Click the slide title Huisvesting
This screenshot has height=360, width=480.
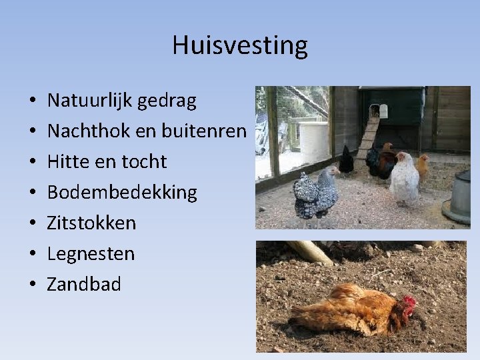[240, 46]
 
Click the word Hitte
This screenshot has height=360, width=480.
[66, 162]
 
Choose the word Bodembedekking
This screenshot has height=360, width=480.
[122, 193]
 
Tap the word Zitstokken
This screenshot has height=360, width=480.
[91, 223]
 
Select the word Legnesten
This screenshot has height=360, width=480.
[91, 254]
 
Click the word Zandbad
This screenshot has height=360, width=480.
[84, 285]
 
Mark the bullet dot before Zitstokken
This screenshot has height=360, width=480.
[32, 224]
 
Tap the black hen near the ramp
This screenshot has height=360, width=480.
[346, 161]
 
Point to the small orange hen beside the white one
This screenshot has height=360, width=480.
[423, 167]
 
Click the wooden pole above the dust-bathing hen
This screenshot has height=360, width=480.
[311, 252]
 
